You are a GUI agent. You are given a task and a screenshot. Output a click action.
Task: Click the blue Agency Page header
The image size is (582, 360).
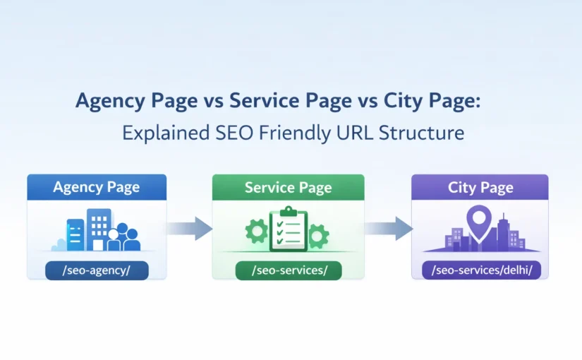point(97,187)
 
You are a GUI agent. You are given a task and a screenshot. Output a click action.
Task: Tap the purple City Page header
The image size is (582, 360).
point(480,187)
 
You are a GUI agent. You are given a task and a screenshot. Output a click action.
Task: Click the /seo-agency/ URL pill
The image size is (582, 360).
point(97,270)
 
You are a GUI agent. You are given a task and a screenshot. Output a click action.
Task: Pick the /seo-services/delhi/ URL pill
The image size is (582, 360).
point(480,270)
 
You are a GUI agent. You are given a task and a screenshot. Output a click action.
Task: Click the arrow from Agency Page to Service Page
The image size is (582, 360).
point(189,227)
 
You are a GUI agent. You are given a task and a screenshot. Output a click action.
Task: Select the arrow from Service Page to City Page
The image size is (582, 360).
point(389,227)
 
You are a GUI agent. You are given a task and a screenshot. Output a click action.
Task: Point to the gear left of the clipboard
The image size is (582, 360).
point(256,230)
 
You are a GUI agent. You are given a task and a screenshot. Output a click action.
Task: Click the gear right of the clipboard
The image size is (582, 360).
point(319,234)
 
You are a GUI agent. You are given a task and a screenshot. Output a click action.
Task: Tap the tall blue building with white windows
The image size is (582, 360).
point(99,227)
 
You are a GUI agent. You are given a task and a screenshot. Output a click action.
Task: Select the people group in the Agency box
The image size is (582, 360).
point(124,238)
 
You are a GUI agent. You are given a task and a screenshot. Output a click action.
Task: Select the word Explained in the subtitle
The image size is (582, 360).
point(157,133)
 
